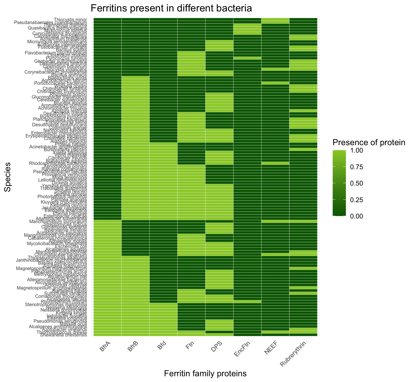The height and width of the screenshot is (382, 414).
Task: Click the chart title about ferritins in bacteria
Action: click(171, 8)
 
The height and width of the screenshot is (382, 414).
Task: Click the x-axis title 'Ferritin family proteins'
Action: click(205, 373)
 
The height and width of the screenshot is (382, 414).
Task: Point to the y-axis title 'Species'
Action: click(8, 177)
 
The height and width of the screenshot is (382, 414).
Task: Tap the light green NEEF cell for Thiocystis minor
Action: click(275, 19)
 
